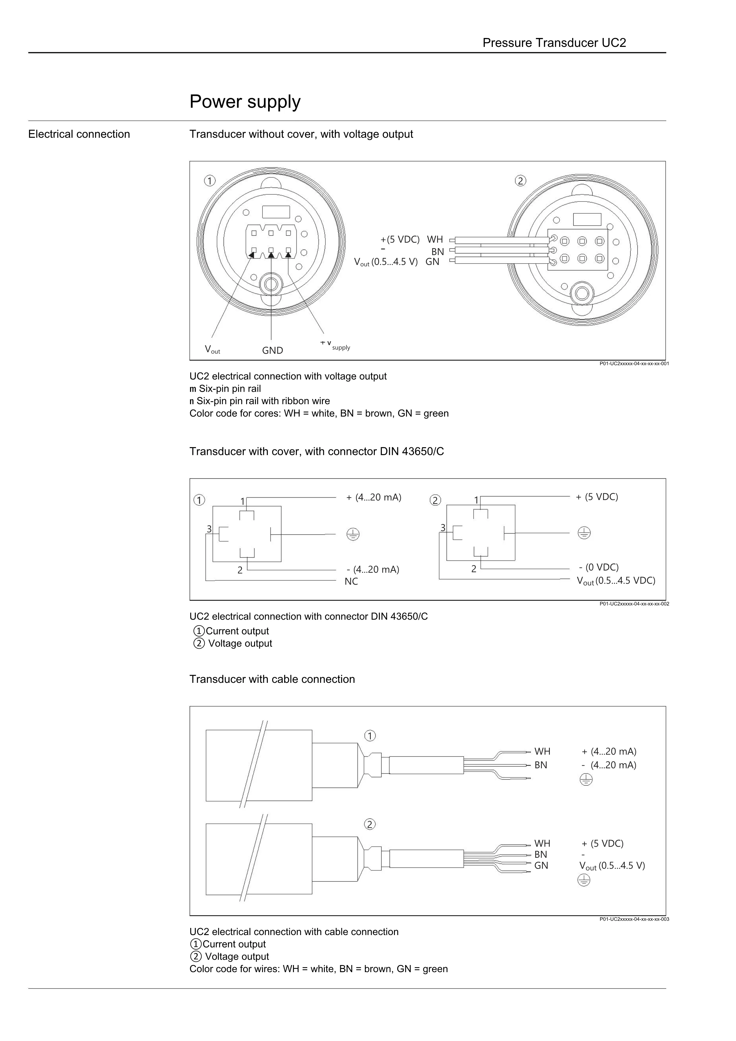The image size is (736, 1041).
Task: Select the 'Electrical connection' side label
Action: (x=79, y=134)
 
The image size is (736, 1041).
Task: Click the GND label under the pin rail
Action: (x=273, y=350)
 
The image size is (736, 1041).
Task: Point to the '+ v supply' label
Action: (x=335, y=345)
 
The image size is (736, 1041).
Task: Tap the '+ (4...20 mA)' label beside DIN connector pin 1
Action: (x=374, y=497)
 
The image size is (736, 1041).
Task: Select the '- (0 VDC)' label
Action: (x=599, y=567)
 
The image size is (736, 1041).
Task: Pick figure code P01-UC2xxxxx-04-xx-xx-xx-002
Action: (x=634, y=604)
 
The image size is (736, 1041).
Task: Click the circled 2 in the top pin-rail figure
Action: (x=520, y=181)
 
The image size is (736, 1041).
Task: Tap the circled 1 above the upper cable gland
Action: (x=370, y=736)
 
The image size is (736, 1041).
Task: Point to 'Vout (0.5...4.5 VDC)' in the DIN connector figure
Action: (x=616, y=581)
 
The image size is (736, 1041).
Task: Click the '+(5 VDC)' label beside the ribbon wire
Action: (x=400, y=239)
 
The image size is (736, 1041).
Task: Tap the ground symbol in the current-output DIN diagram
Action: (x=353, y=534)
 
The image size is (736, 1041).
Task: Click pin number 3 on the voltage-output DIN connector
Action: (x=443, y=528)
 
